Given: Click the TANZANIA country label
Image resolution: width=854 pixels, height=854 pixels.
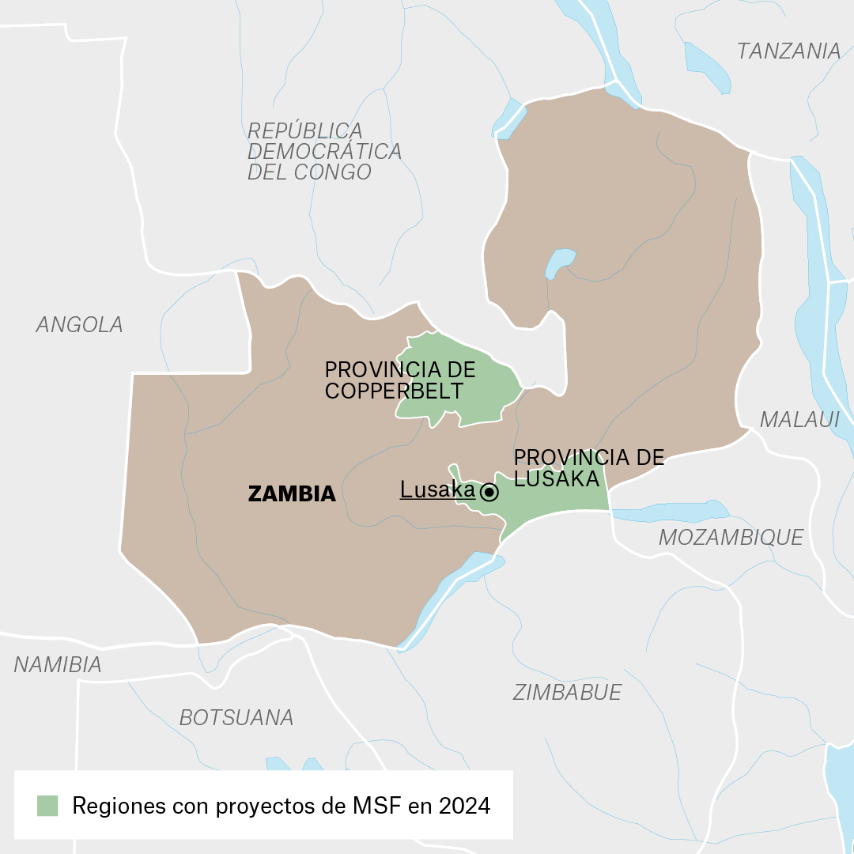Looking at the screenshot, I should pos(788,51).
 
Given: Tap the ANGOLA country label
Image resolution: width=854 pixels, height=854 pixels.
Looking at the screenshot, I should pos(80,324).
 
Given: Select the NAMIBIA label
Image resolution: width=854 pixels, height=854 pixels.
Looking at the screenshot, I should pos(58,665).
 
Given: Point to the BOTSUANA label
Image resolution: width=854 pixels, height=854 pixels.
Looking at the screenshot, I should pos(236,717).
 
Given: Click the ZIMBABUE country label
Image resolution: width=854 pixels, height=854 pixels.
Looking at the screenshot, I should pos(567,692).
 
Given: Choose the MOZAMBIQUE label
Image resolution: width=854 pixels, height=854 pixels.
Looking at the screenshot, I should pos(731,537).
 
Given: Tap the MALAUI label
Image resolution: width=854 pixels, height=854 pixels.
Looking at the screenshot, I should pos(799,419).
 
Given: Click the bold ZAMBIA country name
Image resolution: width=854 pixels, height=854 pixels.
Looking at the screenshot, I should pos(292,494).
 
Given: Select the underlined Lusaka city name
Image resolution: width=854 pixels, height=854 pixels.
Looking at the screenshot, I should pos(437,490).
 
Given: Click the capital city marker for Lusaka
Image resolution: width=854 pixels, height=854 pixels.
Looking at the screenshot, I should pos(489,493).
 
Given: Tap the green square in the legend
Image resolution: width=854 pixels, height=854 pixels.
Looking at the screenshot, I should pos(47,806).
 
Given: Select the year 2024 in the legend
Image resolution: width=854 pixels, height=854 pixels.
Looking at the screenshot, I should pos(465,806).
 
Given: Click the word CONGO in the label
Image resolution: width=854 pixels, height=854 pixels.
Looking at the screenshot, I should pos(331,172).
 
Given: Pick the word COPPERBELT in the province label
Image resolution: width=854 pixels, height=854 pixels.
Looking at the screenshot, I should pos(394,390).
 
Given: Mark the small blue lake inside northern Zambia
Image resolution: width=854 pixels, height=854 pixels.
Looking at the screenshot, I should pos(560,262).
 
